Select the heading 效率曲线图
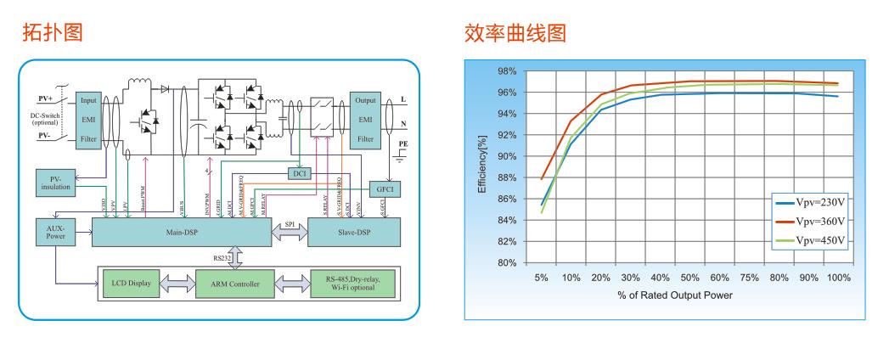click(x=515, y=33)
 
